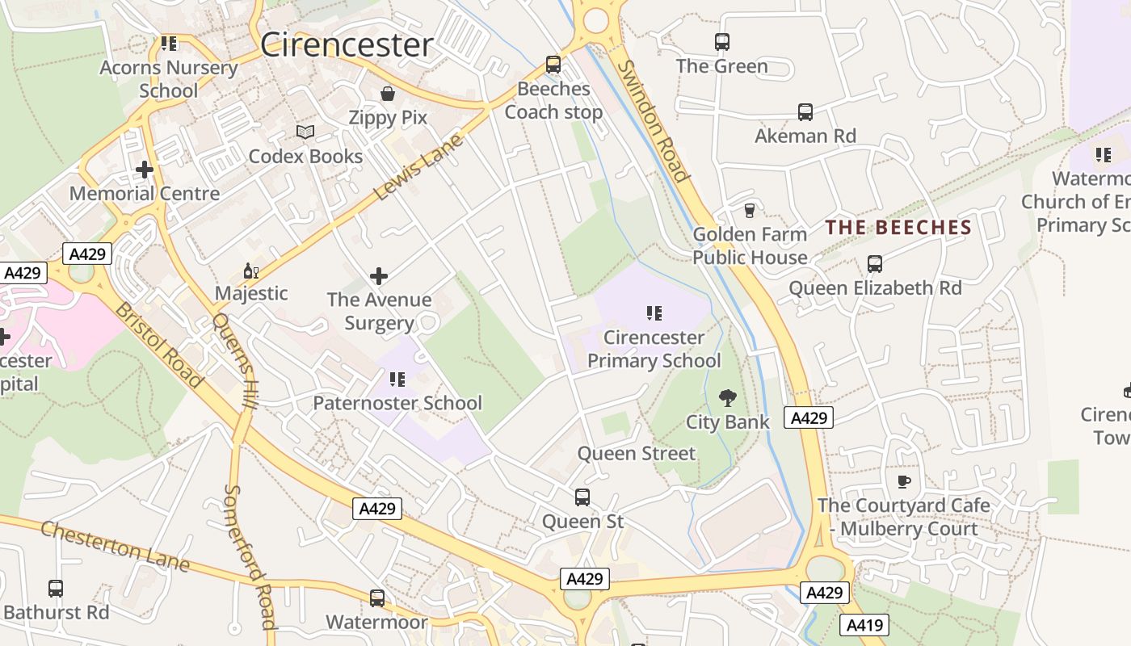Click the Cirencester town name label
pyautogui.click(x=347, y=45)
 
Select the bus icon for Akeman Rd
pyautogui.click(x=805, y=112)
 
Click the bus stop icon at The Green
pyautogui.click(x=722, y=42)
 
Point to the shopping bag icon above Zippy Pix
pyautogui.click(x=388, y=94)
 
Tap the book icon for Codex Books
pyautogui.click(x=305, y=132)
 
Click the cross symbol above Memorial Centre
pyautogui.click(x=145, y=170)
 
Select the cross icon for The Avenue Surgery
pyautogui.click(x=378, y=276)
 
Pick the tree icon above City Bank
pyautogui.click(x=728, y=397)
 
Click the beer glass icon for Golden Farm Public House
pyautogui.click(x=750, y=211)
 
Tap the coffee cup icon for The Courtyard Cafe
pyautogui.click(x=903, y=482)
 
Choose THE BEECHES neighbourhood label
pyautogui.click(x=898, y=228)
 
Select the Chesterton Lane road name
pyautogui.click(x=114, y=547)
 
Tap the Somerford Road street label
pyautogui.click(x=250, y=556)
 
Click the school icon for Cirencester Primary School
pyautogui.click(x=654, y=313)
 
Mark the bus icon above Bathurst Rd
pyautogui.click(x=56, y=589)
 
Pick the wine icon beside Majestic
pyautogui.click(x=251, y=271)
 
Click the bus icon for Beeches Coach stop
pyautogui.click(x=553, y=65)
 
